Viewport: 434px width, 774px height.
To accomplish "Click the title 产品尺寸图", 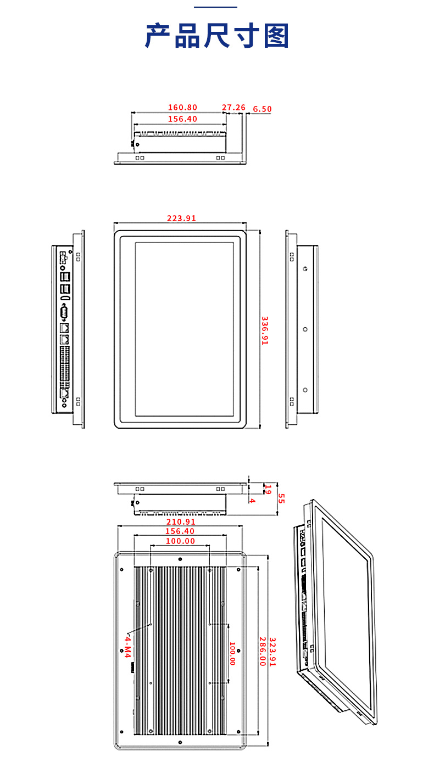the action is tap(217, 36).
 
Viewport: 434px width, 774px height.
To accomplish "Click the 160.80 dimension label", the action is tap(182, 108).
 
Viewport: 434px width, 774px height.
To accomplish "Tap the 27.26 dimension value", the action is tap(233, 108).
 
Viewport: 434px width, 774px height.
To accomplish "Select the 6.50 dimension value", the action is tap(262, 109).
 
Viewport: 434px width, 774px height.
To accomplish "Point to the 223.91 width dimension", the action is tap(181, 218).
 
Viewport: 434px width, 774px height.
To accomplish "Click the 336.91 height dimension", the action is tap(265, 330).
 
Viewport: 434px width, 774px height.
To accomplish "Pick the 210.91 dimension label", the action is tap(181, 521).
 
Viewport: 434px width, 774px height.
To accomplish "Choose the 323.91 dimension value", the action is tap(272, 652).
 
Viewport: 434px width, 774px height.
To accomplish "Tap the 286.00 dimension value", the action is tap(263, 652).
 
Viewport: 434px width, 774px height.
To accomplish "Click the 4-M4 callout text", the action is tap(127, 647).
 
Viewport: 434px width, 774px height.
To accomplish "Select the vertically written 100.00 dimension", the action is tap(232, 653).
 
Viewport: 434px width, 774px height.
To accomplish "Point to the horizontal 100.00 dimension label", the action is tap(180, 541).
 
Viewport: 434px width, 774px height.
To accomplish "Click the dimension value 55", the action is tap(281, 498).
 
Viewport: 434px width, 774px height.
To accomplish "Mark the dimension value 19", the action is tap(268, 489).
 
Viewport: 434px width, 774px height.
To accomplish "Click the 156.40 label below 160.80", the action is tap(182, 119).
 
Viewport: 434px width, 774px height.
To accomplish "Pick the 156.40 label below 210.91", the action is tap(180, 531).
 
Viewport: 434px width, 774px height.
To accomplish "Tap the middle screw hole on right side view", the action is tap(305, 329).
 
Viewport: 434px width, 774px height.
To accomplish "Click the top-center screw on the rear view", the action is tap(180, 559).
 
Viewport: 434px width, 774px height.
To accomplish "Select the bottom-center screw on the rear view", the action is tap(180, 742).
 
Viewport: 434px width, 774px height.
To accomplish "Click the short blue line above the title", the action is tap(215, 7).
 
